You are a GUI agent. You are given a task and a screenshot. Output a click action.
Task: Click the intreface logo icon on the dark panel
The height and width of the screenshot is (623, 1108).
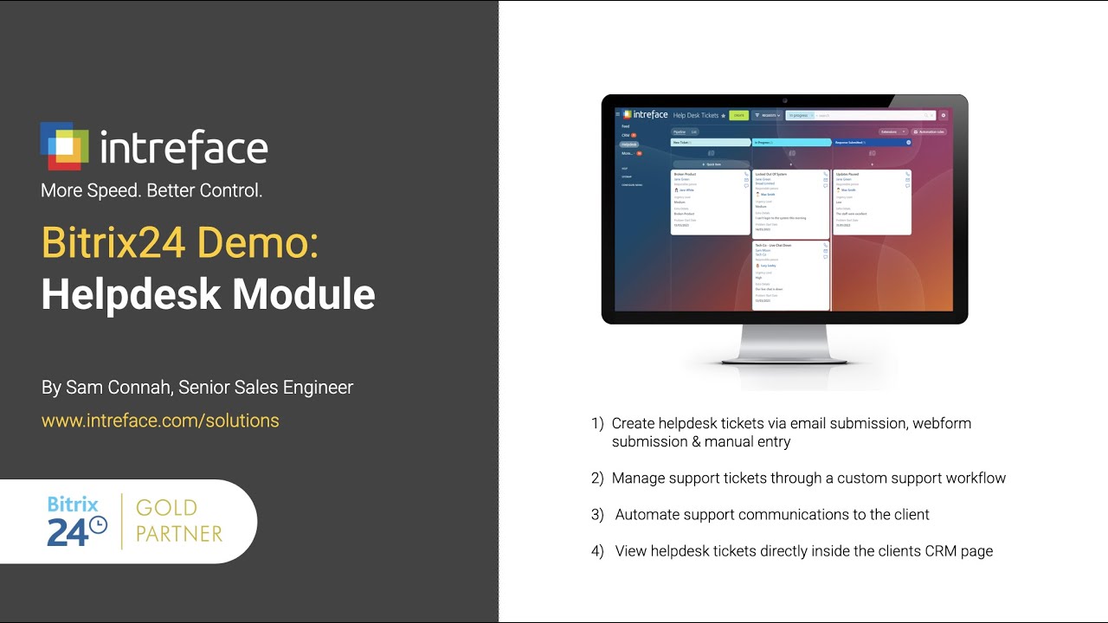(x=64, y=145)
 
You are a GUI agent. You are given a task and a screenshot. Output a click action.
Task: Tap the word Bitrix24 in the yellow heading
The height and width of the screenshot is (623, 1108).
(x=113, y=243)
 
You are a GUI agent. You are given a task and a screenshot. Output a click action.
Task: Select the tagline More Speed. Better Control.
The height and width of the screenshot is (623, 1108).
(x=151, y=190)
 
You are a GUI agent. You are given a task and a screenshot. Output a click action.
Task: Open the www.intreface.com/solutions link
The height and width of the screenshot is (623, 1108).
(x=160, y=421)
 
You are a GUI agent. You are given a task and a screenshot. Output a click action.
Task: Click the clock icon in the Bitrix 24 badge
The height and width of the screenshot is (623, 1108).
(x=99, y=525)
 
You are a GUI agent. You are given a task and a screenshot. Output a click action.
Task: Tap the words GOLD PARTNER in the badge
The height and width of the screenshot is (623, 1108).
(x=179, y=520)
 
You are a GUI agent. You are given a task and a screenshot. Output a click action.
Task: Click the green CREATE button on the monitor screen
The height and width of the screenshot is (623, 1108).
(x=738, y=115)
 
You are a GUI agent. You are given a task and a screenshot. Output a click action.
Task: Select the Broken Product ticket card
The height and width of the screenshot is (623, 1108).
(x=710, y=202)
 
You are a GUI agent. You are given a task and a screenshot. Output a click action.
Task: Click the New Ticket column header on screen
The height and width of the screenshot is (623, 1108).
(x=710, y=142)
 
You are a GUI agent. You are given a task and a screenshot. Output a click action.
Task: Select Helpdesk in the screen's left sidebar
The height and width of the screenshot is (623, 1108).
(x=628, y=145)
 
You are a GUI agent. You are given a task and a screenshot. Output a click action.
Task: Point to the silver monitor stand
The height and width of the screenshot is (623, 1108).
(x=784, y=344)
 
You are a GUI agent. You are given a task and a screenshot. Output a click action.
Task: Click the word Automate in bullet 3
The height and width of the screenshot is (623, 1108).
(x=646, y=515)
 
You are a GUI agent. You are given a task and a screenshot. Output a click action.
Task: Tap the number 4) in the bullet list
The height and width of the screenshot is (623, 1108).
(x=597, y=551)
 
